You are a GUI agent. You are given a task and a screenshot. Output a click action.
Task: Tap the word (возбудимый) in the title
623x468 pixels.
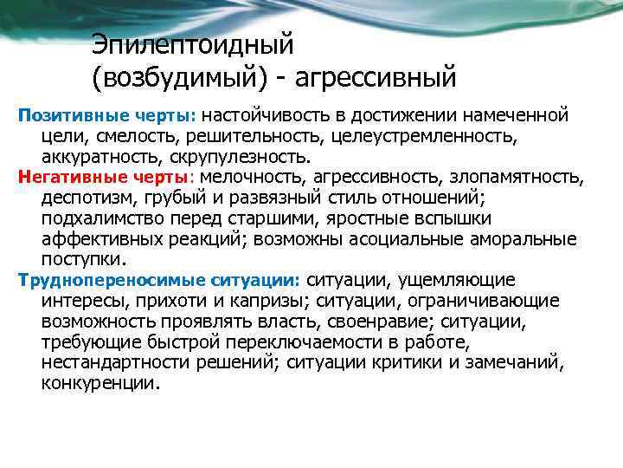[x=179, y=79]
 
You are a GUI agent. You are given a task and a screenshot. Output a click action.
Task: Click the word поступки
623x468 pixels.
[x=82, y=259]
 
